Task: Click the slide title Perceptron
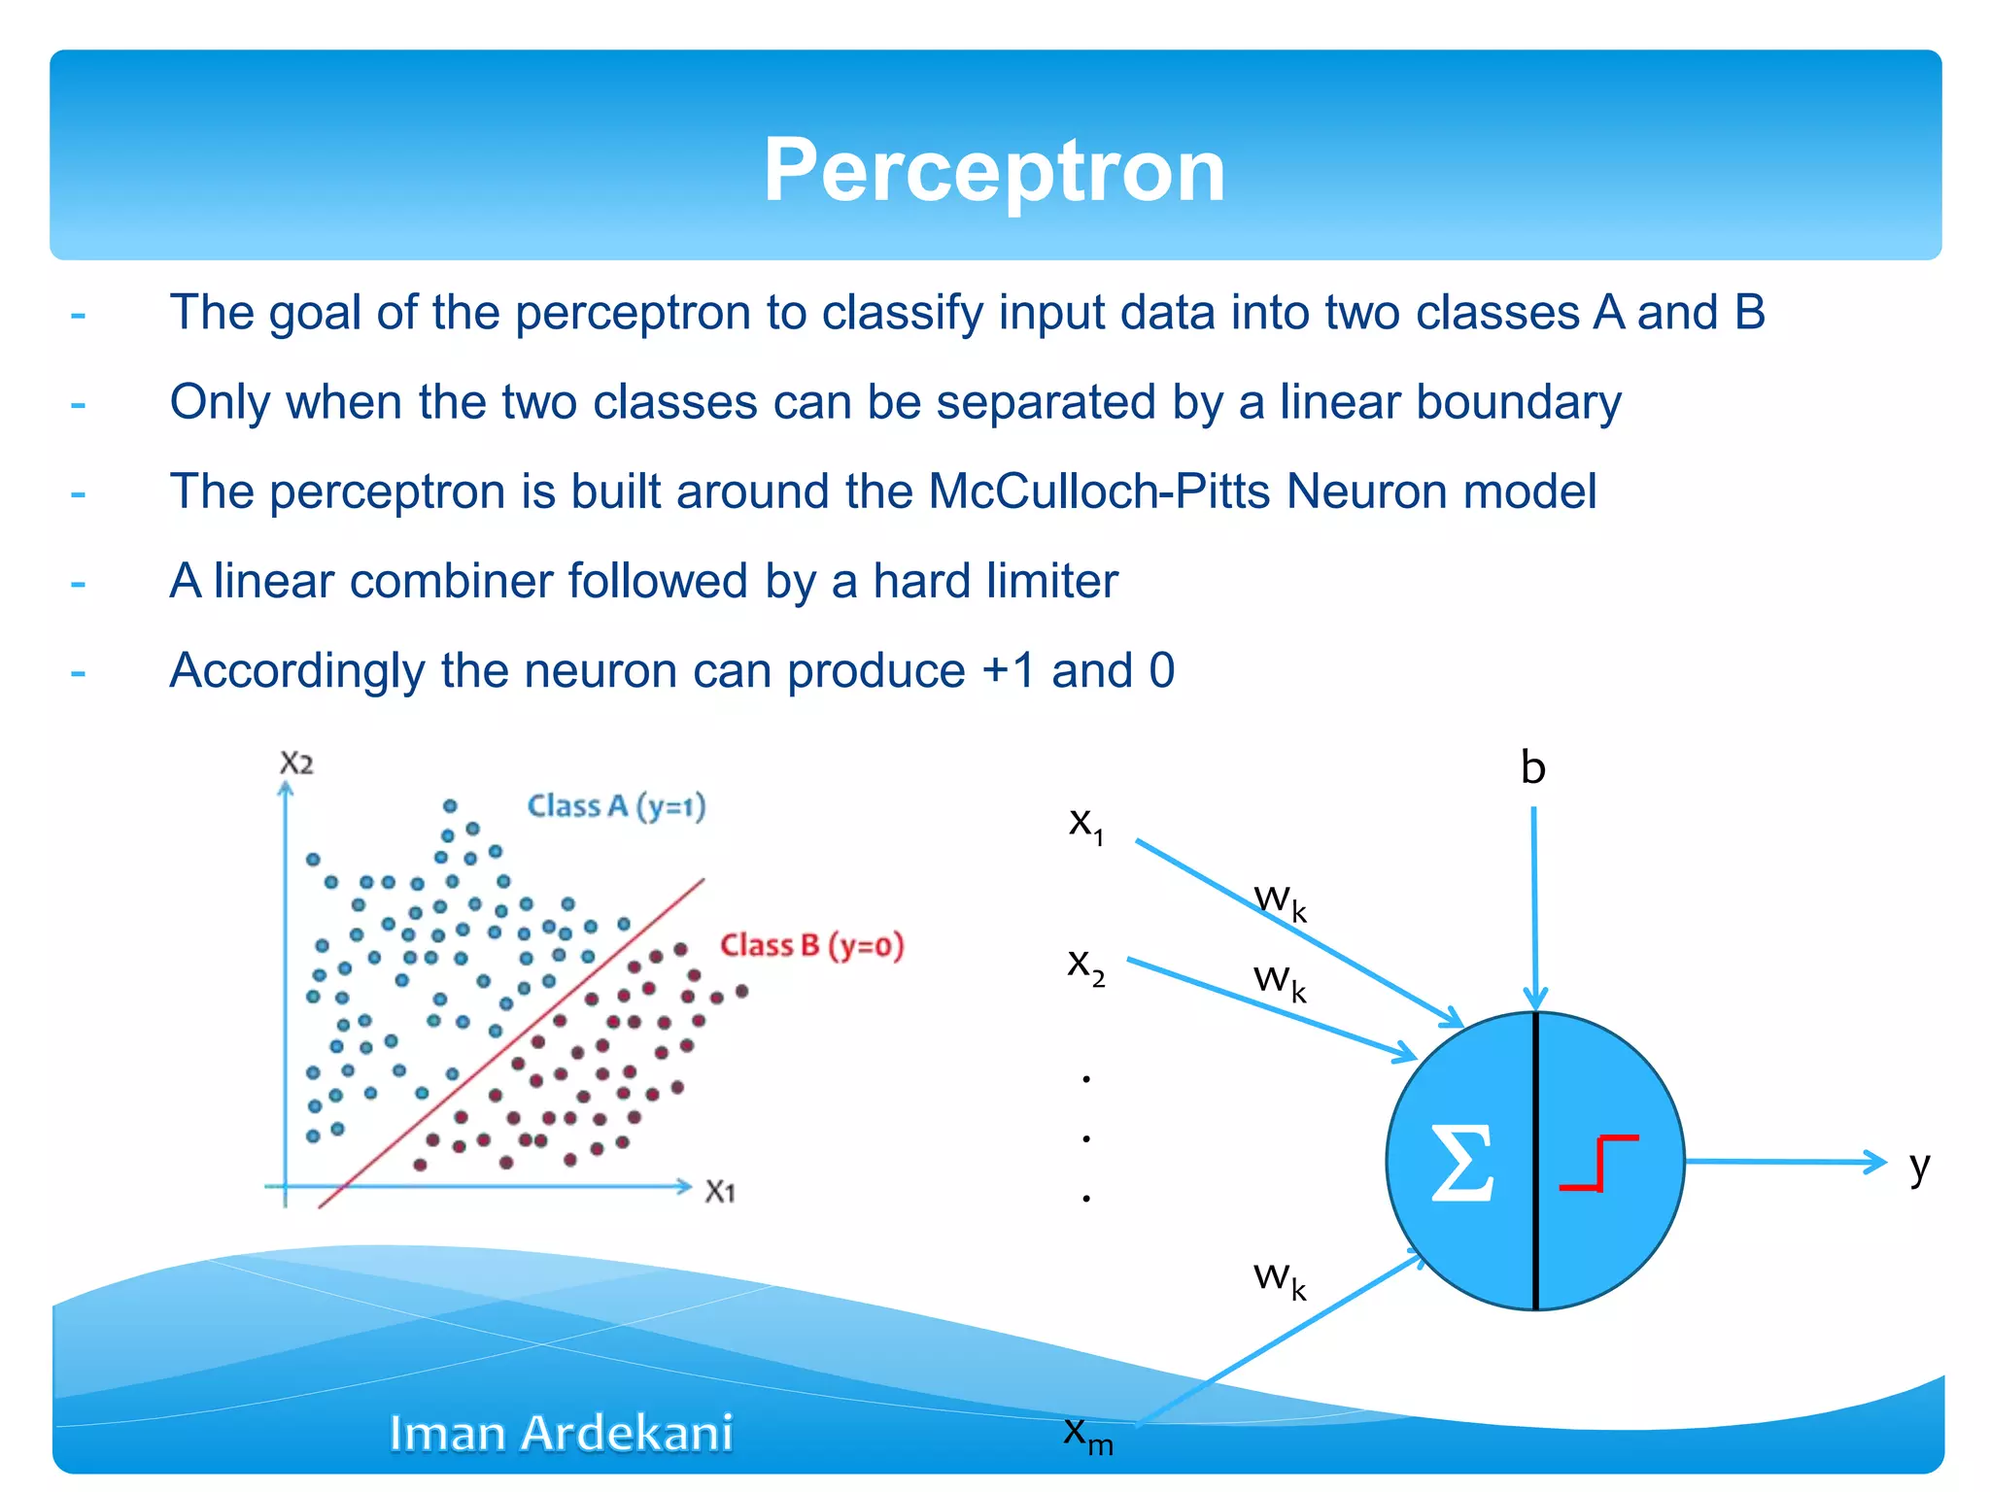pos(994,171)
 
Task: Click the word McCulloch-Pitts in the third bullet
pos(1098,492)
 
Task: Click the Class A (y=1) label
pos(616,806)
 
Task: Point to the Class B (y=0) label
pos(811,945)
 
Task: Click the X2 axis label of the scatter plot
pos(296,763)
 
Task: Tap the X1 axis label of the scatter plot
pos(720,1192)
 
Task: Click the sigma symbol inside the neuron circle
pos(1461,1163)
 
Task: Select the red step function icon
pos(1598,1163)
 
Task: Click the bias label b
pos(1532,768)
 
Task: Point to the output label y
pos(1919,1166)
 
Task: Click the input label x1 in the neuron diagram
pos(1085,825)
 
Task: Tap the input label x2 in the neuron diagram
pos(1085,966)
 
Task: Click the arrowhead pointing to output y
pos(1872,1162)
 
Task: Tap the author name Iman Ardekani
pos(561,1434)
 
